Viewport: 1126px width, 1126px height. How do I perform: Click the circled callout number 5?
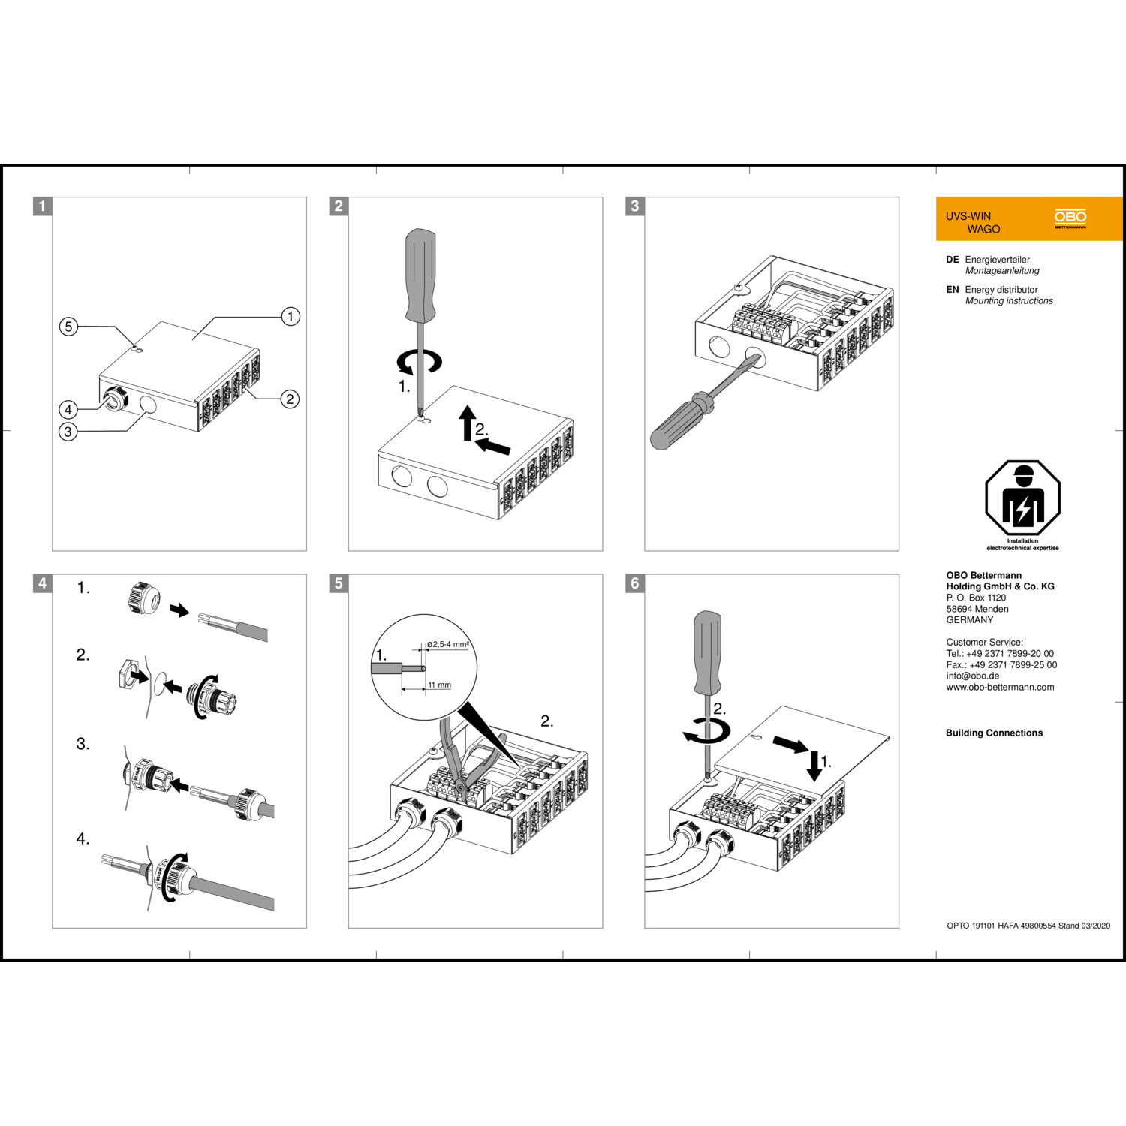(68, 327)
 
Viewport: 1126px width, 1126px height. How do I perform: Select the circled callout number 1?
(291, 316)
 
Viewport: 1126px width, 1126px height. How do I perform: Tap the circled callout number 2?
(290, 399)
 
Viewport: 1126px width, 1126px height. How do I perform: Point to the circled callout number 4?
(68, 409)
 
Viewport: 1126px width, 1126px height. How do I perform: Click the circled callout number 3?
(68, 432)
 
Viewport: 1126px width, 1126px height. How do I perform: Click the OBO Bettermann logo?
(1070, 218)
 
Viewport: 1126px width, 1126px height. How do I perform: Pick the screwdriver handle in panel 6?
(708, 652)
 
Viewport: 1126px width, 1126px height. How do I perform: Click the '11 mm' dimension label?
(440, 685)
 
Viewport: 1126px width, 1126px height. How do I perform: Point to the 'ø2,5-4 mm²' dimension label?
(448, 644)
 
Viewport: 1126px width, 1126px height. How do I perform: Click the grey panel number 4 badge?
(43, 583)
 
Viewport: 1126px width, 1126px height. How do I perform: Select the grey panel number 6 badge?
(635, 583)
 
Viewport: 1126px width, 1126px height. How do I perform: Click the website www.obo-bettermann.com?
(1000, 687)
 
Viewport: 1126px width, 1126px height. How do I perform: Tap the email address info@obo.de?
(973, 676)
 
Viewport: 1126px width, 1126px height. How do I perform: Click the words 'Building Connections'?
(994, 733)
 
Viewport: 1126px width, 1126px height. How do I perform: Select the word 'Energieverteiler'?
(998, 260)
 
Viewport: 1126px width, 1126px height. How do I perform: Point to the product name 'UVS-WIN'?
(968, 216)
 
